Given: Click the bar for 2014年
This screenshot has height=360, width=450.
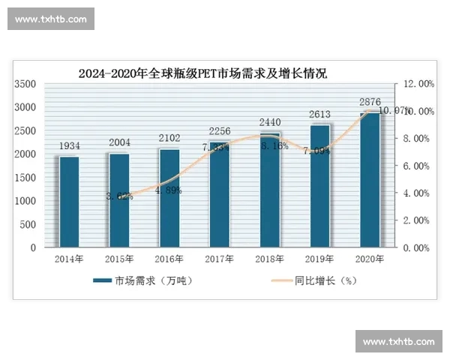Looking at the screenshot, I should [70, 201].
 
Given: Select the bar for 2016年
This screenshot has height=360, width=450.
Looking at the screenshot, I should [169, 197].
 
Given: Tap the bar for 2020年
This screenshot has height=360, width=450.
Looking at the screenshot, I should [370, 180].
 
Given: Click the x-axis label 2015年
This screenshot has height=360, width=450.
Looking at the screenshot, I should [119, 259].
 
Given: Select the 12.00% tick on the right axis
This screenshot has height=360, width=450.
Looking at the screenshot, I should [414, 84].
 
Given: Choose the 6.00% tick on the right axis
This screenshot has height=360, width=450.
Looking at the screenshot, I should [414, 166].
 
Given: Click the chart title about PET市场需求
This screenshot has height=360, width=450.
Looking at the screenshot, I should [202, 73].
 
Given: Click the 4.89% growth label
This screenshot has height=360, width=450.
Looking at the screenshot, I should [169, 190].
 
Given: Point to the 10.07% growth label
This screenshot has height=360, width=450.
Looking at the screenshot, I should [393, 111].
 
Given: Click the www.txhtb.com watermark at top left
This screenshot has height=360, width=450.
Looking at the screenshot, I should [51, 19].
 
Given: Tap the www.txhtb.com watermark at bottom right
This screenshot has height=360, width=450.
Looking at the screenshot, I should [398, 341].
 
